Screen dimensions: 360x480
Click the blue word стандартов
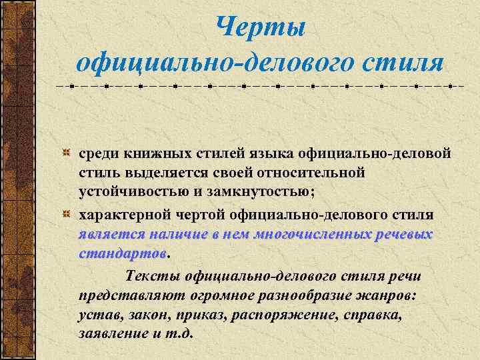(x=122, y=254)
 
